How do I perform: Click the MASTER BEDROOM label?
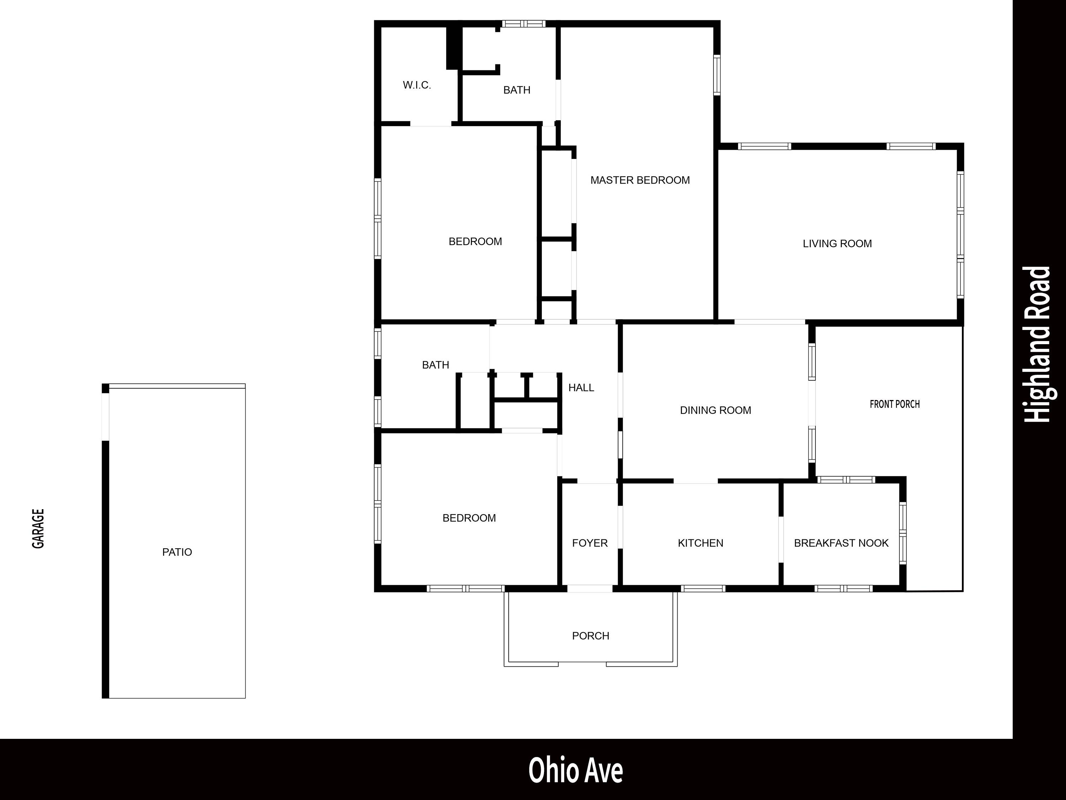click(x=640, y=180)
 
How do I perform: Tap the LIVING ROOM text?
click(x=837, y=244)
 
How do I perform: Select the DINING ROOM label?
click(x=715, y=410)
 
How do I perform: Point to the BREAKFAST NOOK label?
click(x=841, y=543)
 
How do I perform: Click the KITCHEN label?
click(x=700, y=543)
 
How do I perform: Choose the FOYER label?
click(x=590, y=543)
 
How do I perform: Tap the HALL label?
click(x=581, y=388)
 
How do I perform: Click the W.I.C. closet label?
click(x=417, y=85)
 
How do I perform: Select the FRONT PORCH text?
click(x=894, y=404)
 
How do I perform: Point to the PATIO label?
click(x=177, y=552)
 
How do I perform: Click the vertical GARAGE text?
click(x=38, y=528)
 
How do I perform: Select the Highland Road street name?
click(x=1038, y=345)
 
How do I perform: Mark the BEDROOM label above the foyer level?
click(x=475, y=241)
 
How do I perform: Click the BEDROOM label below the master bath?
click(x=475, y=241)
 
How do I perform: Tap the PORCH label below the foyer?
click(x=590, y=636)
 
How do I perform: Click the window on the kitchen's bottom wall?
click(x=703, y=588)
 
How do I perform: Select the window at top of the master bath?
click(x=523, y=23)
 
